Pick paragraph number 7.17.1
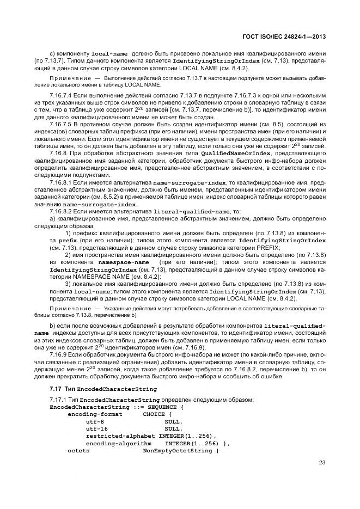click(59, 400)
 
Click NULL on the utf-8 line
click(173, 421)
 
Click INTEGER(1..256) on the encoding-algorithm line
click(193, 443)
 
